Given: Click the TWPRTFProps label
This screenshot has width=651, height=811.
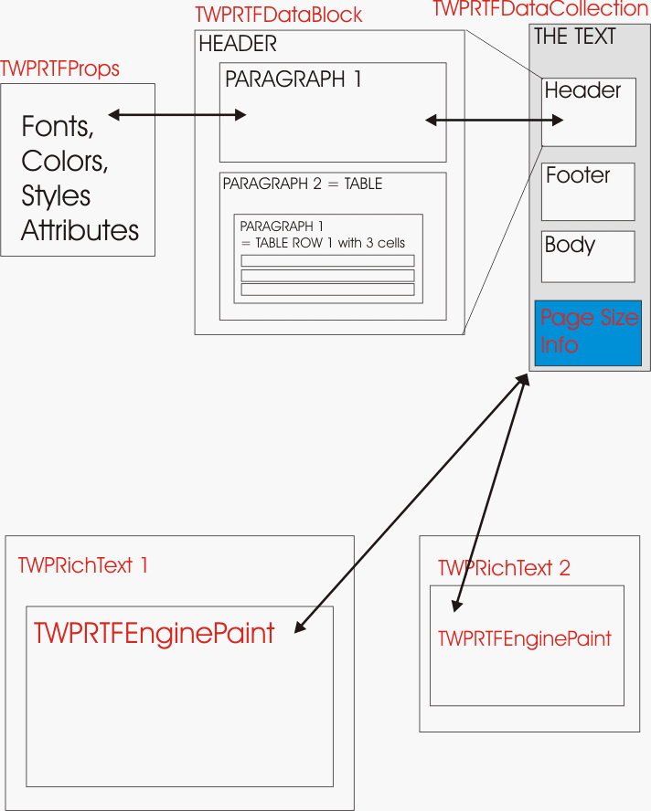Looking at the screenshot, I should pyautogui.click(x=60, y=69).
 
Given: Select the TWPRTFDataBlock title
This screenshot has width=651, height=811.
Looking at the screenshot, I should pyautogui.click(x=279, y=16).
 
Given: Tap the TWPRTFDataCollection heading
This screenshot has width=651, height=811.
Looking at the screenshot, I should pyautogui.click(x=539, y=9).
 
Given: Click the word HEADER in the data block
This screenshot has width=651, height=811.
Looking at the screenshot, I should pyautogui.click(x=238, y=43).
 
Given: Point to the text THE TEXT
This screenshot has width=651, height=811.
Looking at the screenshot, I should pyautogui.click(x=575, y=37).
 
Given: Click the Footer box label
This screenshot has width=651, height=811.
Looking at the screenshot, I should pyautogui.click(x=578, y=175).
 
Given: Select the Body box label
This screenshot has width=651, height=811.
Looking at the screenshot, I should pyautogui.click(x=570, y=245).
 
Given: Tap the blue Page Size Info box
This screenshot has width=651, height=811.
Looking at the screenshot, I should pyautogui.click(x=589, y=332).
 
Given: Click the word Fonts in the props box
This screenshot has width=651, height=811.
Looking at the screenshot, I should pyautogui.click(x=58, y=126).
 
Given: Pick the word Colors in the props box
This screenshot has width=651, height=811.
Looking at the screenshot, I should pyautogui.click(x=65, y=161).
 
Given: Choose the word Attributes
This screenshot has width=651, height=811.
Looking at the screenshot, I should pyautogui.click(x=80, y=230).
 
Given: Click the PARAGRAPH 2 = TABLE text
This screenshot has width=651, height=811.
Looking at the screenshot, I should pyautogui.click(x=303, y=184).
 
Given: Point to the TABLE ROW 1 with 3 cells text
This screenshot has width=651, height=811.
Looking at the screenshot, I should pyautogui.click(x=323, y=243).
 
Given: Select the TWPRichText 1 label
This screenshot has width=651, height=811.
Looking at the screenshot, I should pyautogui.click(x=82, y=565).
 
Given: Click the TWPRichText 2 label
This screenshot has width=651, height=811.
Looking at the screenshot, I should pyautogui.click(x=504, y=568).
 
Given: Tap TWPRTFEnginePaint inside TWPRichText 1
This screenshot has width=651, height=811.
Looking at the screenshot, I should pyautogui.click(x=155, y=634).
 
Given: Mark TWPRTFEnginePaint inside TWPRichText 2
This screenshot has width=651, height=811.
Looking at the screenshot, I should pyautogui.click(x=525, y=638).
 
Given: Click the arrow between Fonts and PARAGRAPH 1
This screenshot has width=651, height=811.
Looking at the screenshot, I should pyautogui.click(x=177, y=115).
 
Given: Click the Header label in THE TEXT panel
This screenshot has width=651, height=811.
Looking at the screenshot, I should pyautogui.click(x=582, y=90).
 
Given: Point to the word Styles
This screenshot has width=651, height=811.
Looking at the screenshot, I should pyautogui.click(x=56, y=195).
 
